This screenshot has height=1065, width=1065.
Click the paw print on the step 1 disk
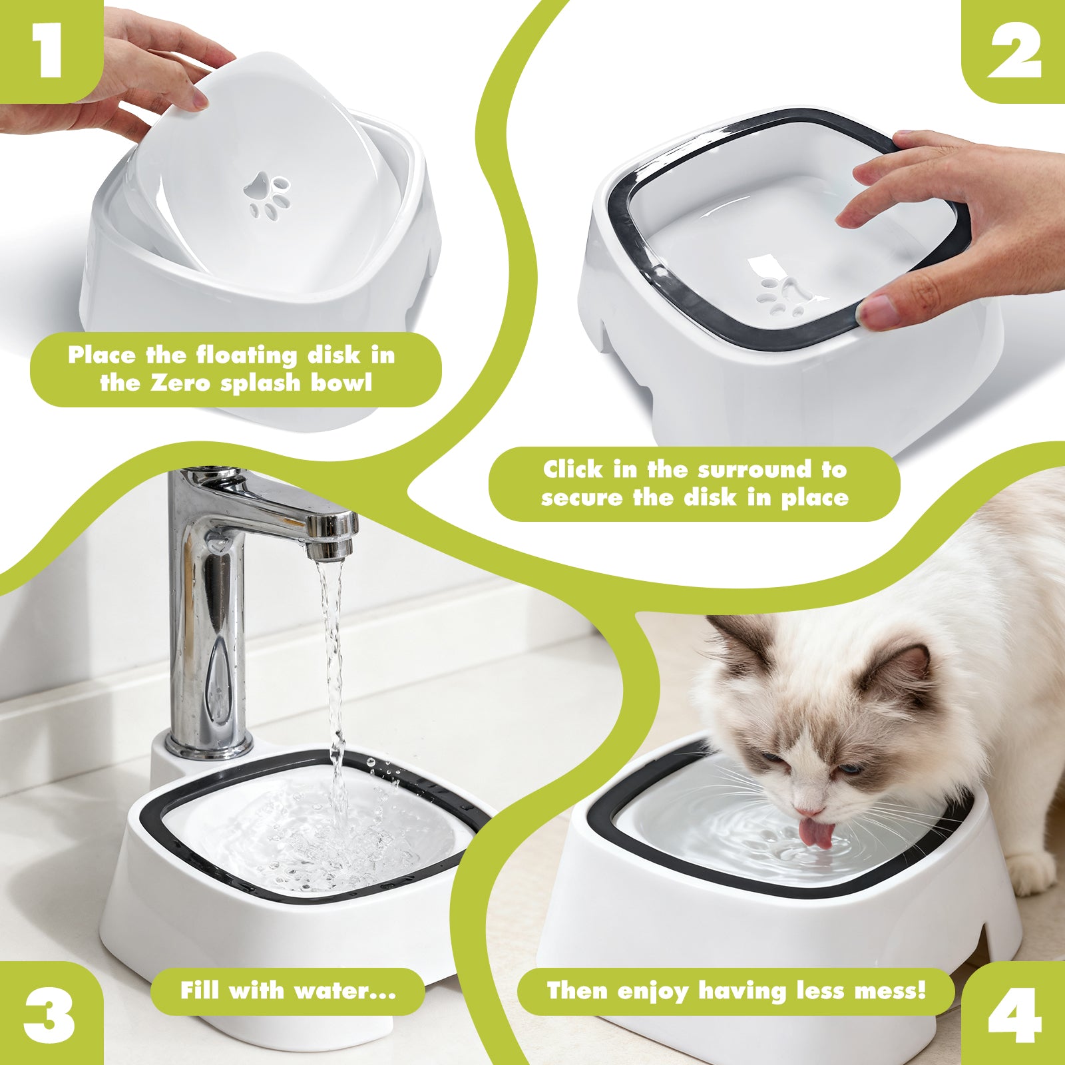point(268,196)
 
